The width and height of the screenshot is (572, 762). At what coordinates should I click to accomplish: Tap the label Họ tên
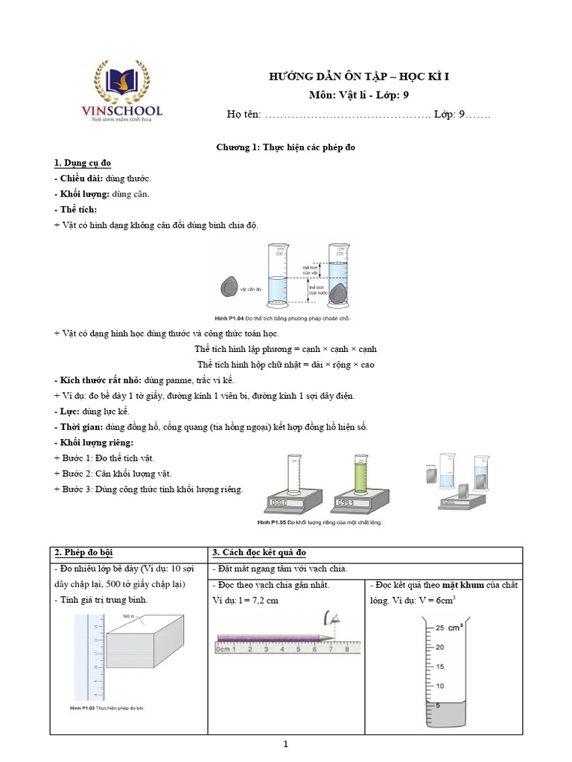(244, 114)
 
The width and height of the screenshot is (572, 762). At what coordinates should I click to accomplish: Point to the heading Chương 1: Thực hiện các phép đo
(285, 147)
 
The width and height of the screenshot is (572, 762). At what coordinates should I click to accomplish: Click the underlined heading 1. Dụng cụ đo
(83, 163)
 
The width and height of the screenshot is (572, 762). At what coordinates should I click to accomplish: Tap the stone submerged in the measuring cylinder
(339, 294)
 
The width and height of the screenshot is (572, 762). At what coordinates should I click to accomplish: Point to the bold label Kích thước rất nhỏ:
(98, 380)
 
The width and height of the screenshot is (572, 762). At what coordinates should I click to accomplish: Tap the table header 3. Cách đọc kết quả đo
(258, 552)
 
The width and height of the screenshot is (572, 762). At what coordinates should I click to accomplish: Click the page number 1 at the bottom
(286, 744)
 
